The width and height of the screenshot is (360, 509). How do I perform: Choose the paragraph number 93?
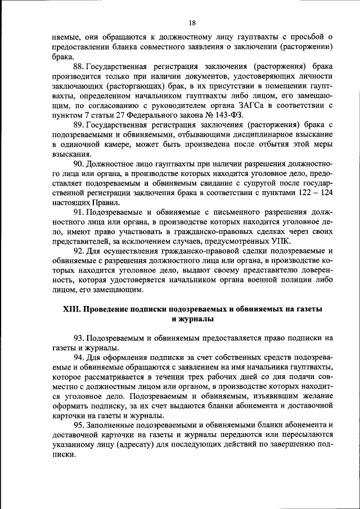tap(79, 338)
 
